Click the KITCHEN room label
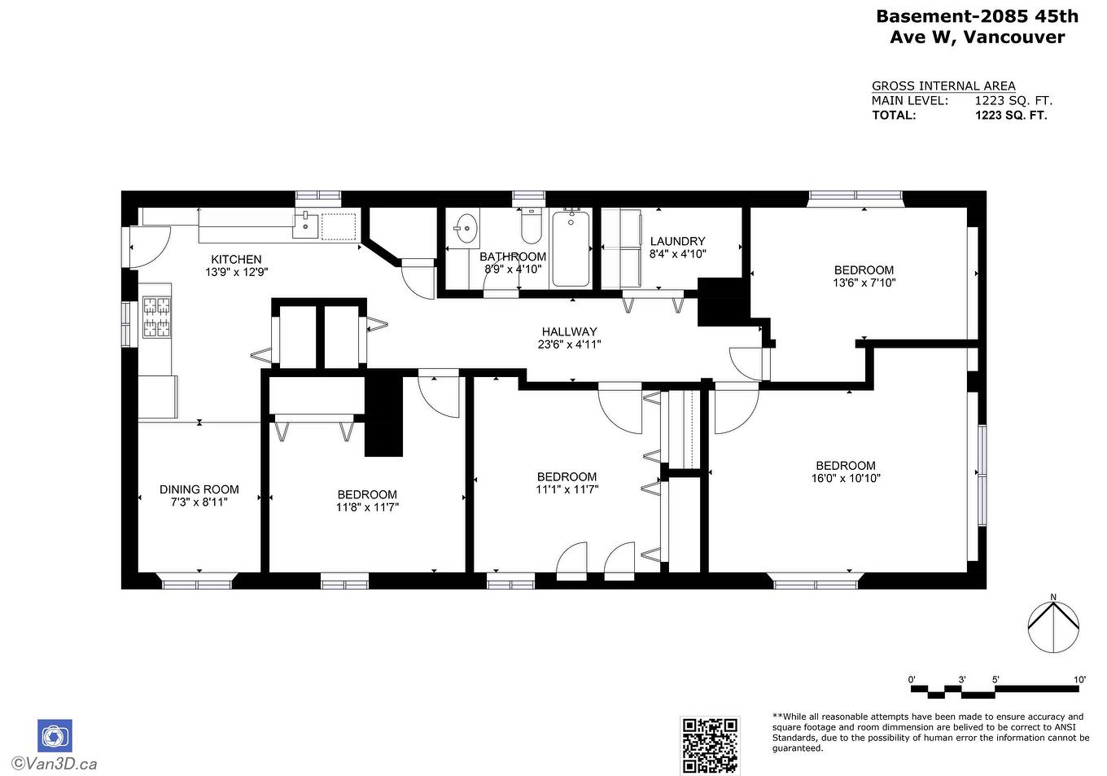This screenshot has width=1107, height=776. [x=236, y=260]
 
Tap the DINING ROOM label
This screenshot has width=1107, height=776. [x=199, y=489]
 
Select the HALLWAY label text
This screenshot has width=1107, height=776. [x=569, y=331]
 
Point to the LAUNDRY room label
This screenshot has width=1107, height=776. [x=677, y=241]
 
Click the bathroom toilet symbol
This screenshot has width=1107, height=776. [x=531, y=227]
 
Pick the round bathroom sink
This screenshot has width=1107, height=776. [x=466, y=228]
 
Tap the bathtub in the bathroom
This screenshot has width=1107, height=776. [x=571, y=248]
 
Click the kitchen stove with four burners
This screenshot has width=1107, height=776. [x=157, y=318]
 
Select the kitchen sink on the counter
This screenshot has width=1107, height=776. [x=306, y=225]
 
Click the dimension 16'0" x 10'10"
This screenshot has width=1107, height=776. [x=846, y=479]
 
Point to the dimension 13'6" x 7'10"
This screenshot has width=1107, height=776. [x=864, y=283]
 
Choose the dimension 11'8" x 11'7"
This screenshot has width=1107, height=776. [x=367, y=506]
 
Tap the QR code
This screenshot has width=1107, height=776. [x=710, y=745]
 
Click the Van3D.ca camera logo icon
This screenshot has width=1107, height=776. [x=55, y=735]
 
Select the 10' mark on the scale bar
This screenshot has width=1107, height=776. [x=1079, y=679]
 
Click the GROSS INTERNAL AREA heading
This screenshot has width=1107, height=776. [x=943, y=86]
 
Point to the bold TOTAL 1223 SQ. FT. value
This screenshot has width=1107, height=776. [x=1011, y=116]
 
